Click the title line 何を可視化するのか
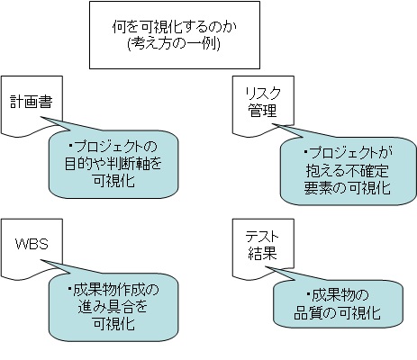pyautogui.click(x=174, y=27)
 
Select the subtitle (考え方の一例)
pyautogui.click(x=174, y=44)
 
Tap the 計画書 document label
pyautogui.click(x=32, y=102)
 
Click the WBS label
pyautogui.click(x=32, y=244)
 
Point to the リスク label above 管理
pyautogui.click(x=263, y=94)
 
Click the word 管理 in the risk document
pyautogui.click(x=262, y=110)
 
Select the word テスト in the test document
pyautogui.click(x=262, y=237)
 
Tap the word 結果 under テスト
pyautogui.click(x=262, y=253)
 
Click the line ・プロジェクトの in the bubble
pyautogui.click(x=113, y=147)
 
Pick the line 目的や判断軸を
pyautogui.click(x=113, y=164)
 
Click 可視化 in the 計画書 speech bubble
pyautogui.click(x=113, y=181)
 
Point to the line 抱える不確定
pyautogui.click(x=348, y=170)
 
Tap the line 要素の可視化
pyautogui.click(x=347, y=187)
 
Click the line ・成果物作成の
pyautogui.click(x=113, y=290)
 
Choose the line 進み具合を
pyautogui.click(x=113, y=307)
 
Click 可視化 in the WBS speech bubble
pyautogui.click(x=113, y=324)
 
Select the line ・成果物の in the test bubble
pyautogui.click(x=337, y=295)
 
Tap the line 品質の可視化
pyautogui.click(x=337, y=312)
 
